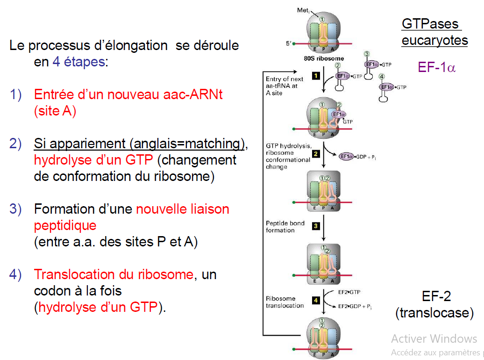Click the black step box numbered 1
tap(316, 75)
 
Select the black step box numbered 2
tap(316, 153)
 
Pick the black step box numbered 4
tap(316, 300)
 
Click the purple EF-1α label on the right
tap(436, 67)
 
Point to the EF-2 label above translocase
tap(436, 296)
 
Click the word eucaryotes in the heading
tap(434, 40)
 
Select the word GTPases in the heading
tap(430, 24)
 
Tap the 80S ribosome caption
tap(322, 59)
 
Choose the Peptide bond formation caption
tap(285, 227)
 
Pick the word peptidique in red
tap(65, 225)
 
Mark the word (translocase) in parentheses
tap(434, 313)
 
